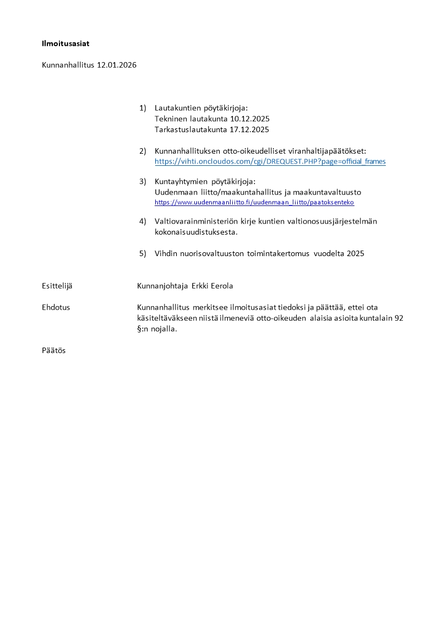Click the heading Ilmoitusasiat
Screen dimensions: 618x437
click(x=65, y=43)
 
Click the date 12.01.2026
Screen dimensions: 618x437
click(x=117, y=65)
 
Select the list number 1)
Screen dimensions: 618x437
click(x=143, y=108)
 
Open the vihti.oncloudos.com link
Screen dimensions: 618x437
click(x=270, y=161)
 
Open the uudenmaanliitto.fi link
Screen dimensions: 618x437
click(x=254, y=203)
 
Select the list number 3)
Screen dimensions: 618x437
click(x=143, y=181)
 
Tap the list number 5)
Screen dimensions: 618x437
click(x=143, y=254)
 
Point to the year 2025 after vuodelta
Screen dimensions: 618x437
click(x=355, y=254)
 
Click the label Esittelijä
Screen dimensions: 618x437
click(x=57, y=285)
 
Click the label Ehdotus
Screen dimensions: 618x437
click(x=56, y=307)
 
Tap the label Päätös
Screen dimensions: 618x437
click(x=54, y=350)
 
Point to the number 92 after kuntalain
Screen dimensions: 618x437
click(x=400, y=318)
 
